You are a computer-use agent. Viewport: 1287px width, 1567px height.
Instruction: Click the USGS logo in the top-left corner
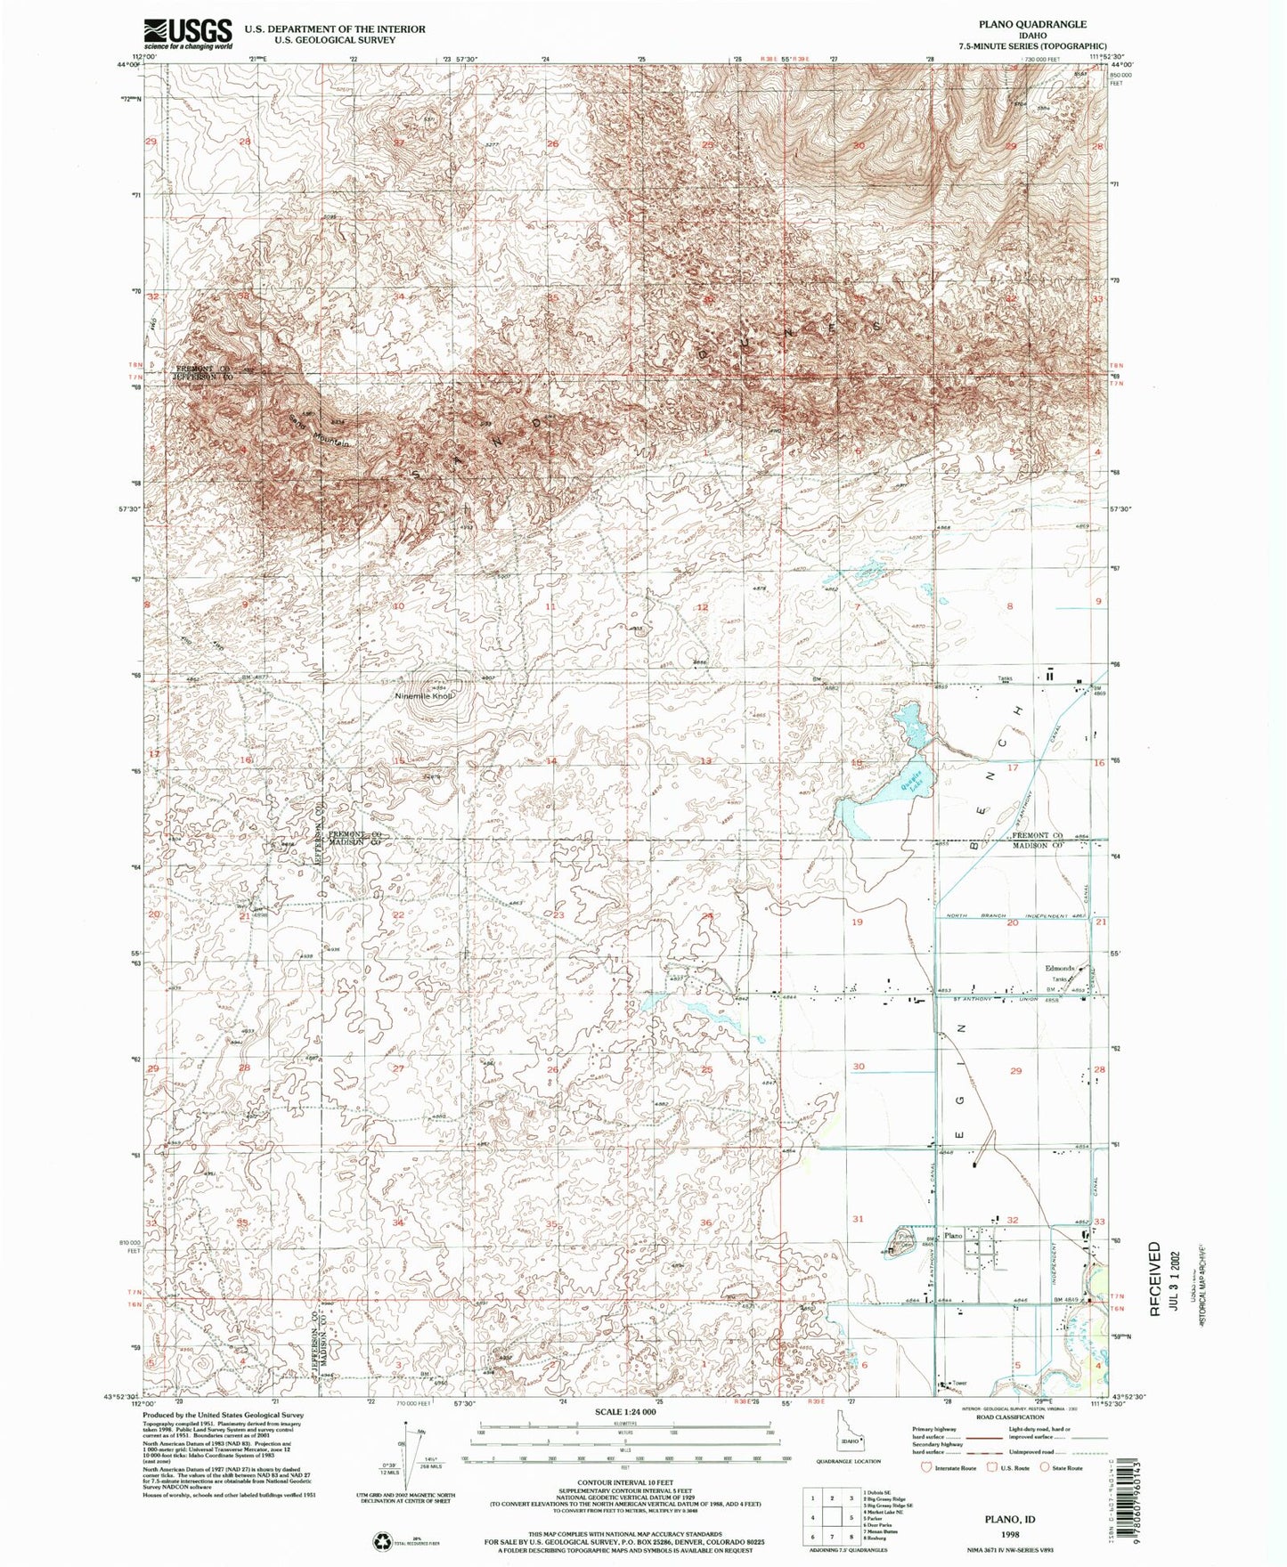coord(188,34)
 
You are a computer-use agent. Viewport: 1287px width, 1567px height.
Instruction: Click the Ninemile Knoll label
coord(425,696)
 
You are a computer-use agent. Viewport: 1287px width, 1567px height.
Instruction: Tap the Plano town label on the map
coord(953,1236)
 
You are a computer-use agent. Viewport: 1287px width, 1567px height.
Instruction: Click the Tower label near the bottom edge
coord(959,1383)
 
